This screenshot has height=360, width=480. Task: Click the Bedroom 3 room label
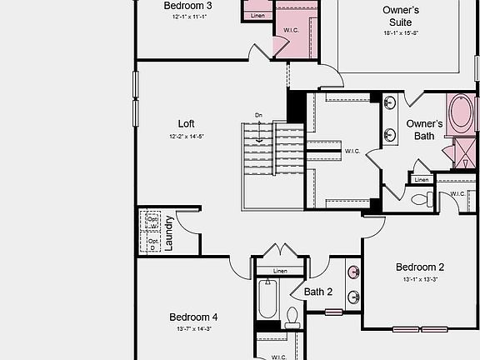pyautogui.click(x=187, y=6)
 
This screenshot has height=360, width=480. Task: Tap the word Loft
pyautogui.click(x=186, y=123)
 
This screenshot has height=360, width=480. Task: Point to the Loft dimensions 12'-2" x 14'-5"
pyautogui.click(x=186, y=136)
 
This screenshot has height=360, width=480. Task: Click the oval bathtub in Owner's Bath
pyautogui.click(x=460, y=115)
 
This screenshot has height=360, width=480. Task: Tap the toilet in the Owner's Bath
pyautogui.click(x=421, y=199)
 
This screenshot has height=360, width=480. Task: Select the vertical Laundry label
pyautogui.click(x=169, y=233)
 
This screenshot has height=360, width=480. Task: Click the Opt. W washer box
pyautogui.click(x=152, y=222)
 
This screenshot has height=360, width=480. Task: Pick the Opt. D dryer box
pyautogui.click(x=152, y=242)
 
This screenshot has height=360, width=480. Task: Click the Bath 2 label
pyautogui.click(x=318, y=292)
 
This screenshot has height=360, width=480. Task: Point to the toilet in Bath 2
pyautogui.click(x=292, y=317)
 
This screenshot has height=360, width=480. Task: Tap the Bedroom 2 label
pyautogui.click(x=420, y=267)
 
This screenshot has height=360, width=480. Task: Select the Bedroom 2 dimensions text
pyautogui.click(x=420, y=279)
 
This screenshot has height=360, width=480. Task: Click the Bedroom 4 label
pyautogui.click(x=193, y=317)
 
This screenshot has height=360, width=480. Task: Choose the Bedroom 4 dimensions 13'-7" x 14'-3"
pyautogui.click(x=193, y=329)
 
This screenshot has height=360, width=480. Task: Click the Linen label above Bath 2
pyautogui.click(x=279, y=271)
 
